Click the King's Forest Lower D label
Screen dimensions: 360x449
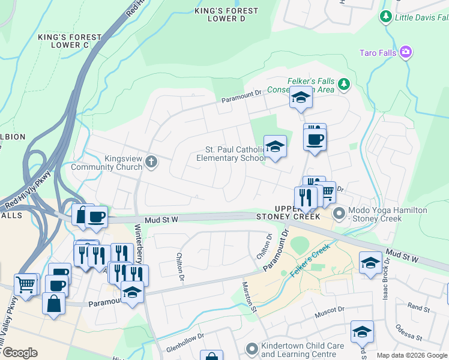(x=226, y=15)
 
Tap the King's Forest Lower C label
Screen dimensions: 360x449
(x=71, y=41)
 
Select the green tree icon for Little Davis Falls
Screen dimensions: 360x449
(x=386, y=17)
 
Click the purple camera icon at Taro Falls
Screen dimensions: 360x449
(x=406, y=53)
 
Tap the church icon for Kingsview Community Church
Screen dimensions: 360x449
(x=151, y=161)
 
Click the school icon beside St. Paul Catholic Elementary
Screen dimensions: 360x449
(x=275, y=148)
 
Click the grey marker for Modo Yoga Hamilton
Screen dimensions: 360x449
(x=339, y=212)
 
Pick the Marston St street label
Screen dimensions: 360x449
(x=249, y=298)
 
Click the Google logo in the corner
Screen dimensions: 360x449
(x=20, y=352)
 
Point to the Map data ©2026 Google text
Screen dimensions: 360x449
(x=411, y=355)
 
